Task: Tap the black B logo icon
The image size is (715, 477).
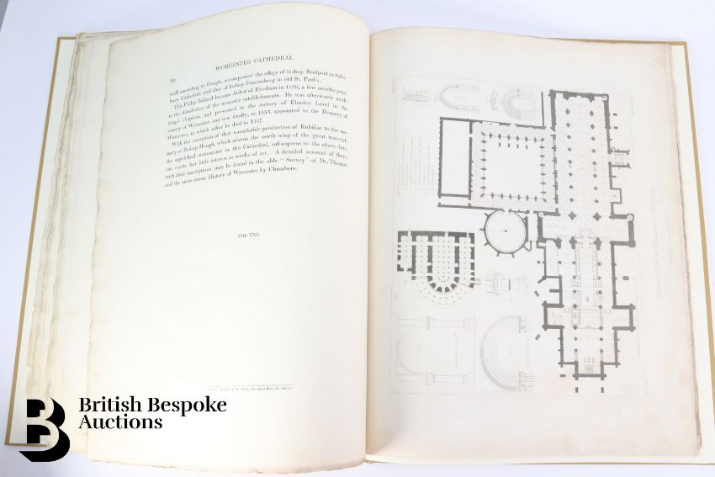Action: point(44,427)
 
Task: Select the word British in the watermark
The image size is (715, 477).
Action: point(109,404)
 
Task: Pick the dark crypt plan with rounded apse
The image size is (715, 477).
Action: point(436,261)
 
